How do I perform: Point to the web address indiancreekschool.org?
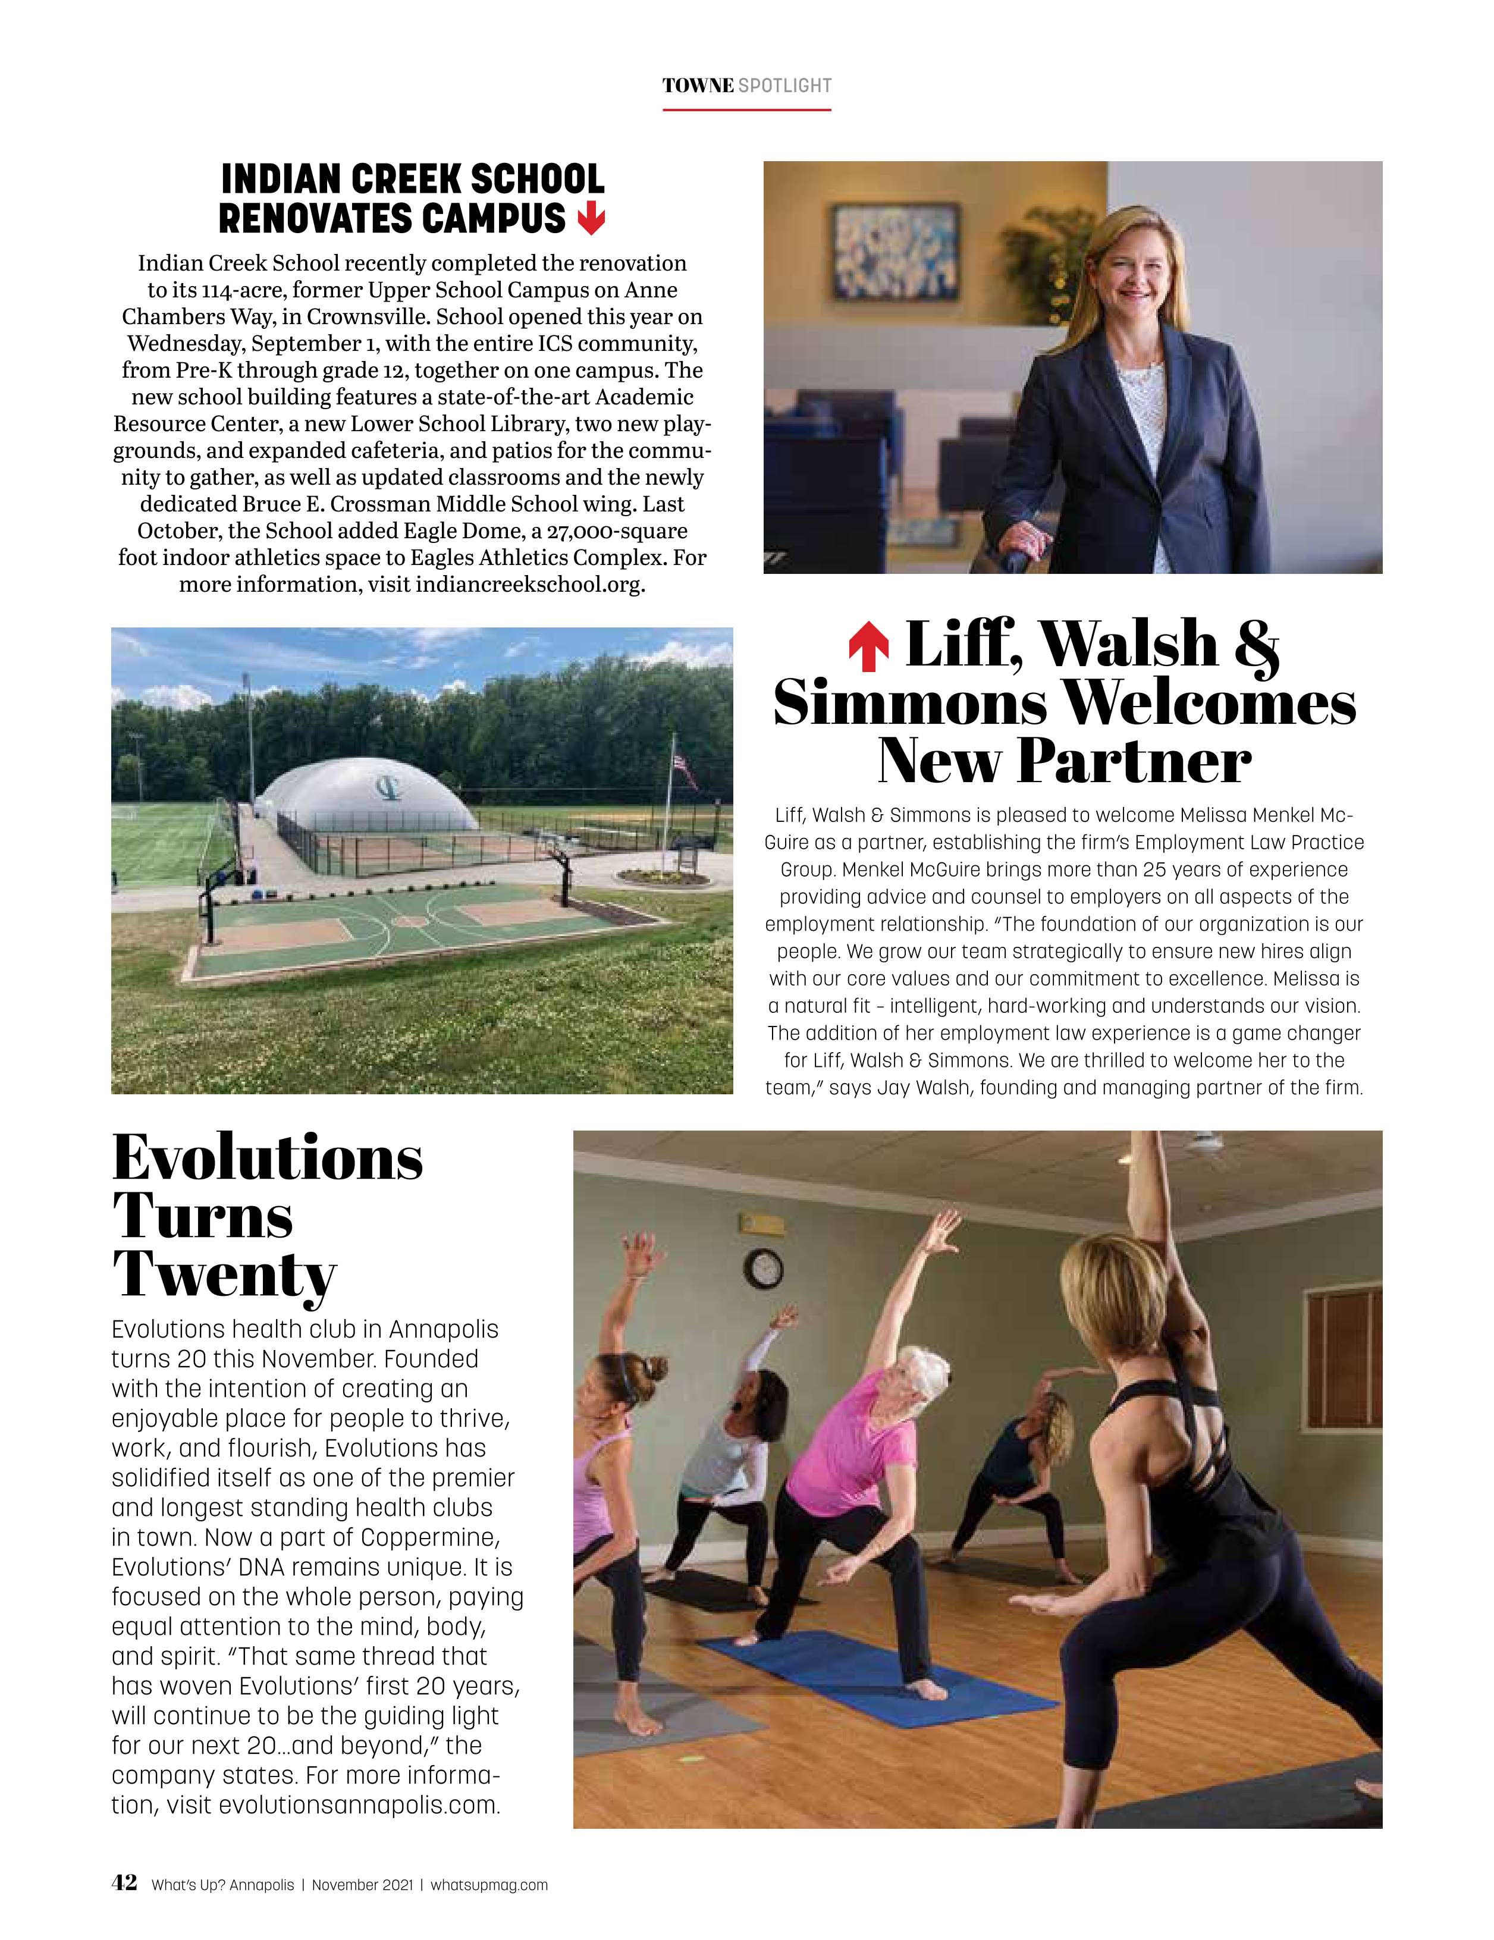point(529,585)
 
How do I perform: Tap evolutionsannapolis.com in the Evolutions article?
point(359,1805)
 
